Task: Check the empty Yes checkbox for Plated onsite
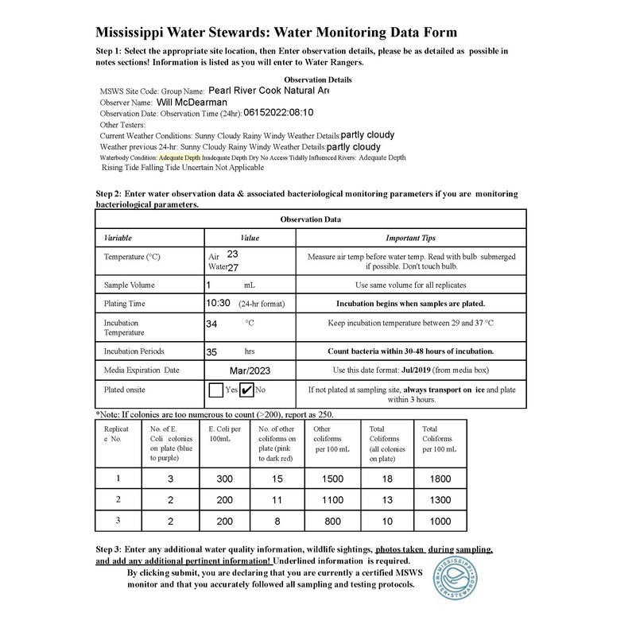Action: pyautogui.click(x=215, y=390)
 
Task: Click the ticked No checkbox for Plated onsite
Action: pyautogui.click(x=246, y=390)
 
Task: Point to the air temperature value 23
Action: pyautogui.click(x=232, y=254)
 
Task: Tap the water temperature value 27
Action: pyautogui.click(x=234, y=268)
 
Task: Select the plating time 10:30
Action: pyautogui.click(x=218, y=303)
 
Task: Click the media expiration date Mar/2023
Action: pyautogui.click(x=250, y=370)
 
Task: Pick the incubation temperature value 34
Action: pyautogui.click(x=211, y=324)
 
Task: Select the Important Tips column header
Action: pyautogui.click(x=410, y=238)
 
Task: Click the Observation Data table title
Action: pyautogui.click(x=311, y=219)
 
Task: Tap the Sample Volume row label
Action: pyautogui.click(x=130, y=285)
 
